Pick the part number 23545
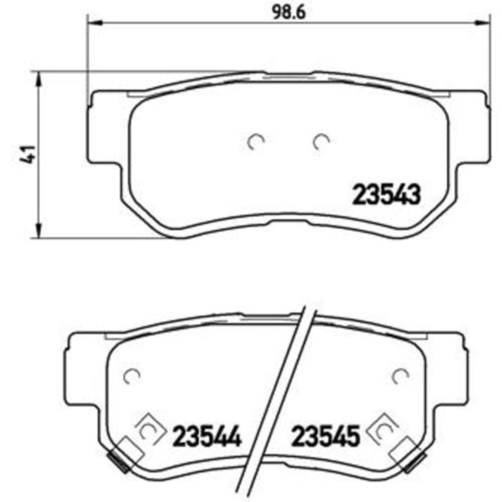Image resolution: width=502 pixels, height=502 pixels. click(x=326, y=436)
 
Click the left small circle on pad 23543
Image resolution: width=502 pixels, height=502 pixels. click(x=256, y=143)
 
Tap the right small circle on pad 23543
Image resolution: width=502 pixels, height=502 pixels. click(x=319, y=143)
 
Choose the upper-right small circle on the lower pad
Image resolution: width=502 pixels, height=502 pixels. click(x=401, y=375)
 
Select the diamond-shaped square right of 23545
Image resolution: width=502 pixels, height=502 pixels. click(x=384, y=429)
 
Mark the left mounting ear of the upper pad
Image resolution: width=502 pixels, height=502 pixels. click(x=104, y=128)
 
